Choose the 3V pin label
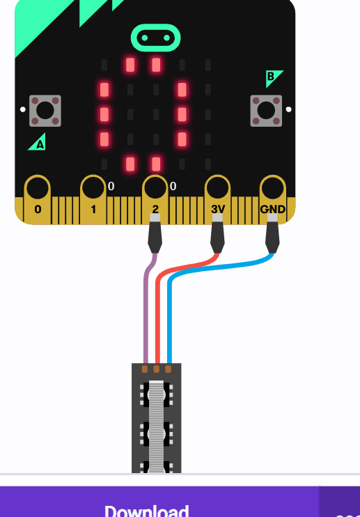tap(218, 209)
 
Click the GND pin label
tap(272, 209)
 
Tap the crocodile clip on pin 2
tap(155, 233)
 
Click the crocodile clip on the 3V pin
tap(217, 233)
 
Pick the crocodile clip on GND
tap(272, 233)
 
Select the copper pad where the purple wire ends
tap(145, 369)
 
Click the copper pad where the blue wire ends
tap(169, 369)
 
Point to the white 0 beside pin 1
tap(111, 186)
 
